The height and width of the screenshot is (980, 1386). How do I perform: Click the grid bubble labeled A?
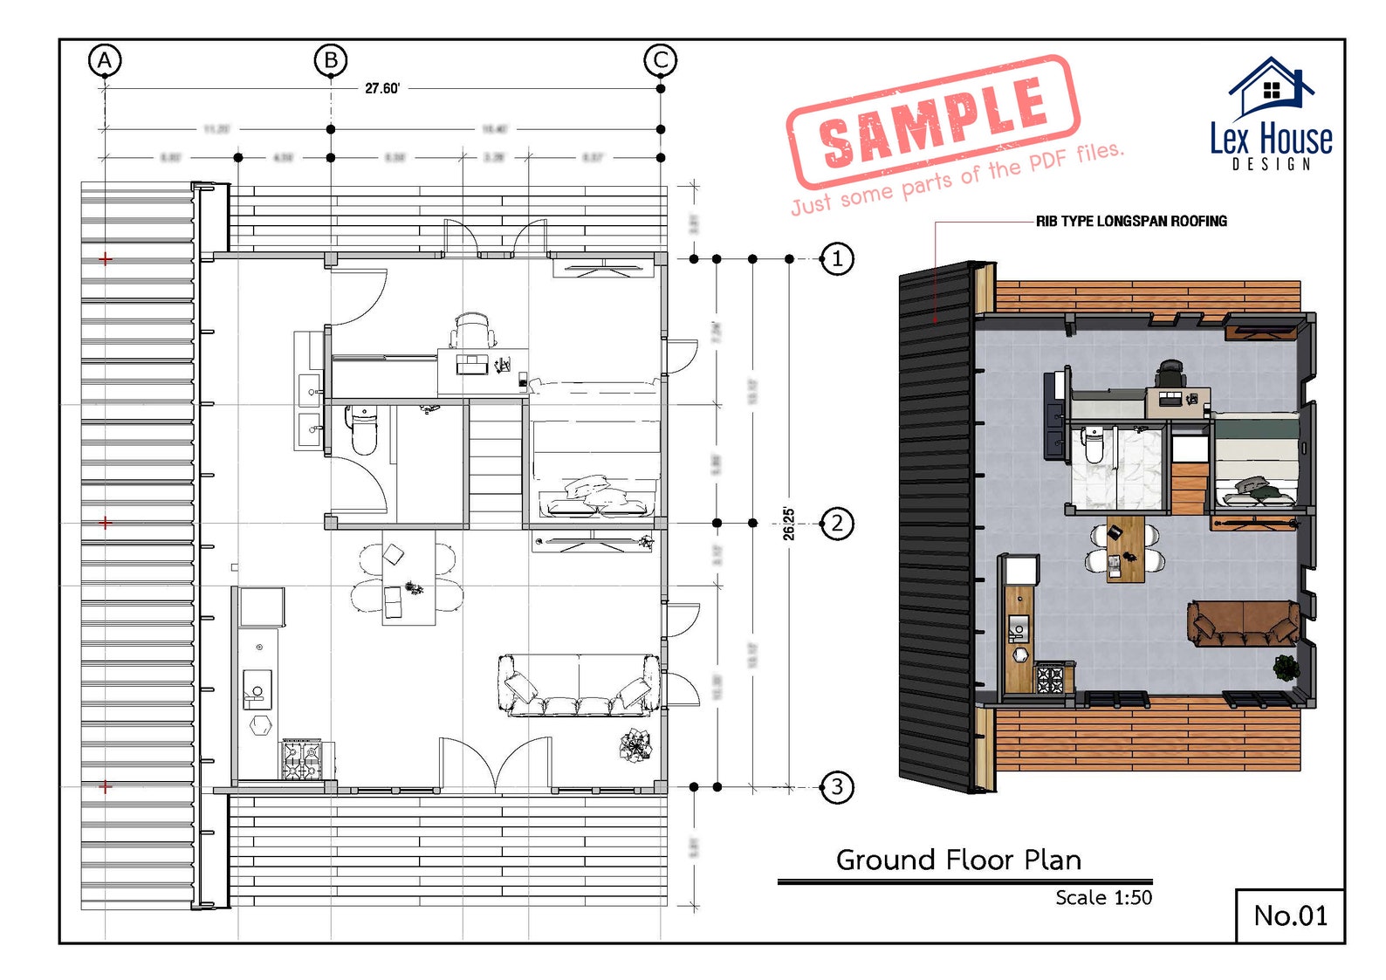[105, 60]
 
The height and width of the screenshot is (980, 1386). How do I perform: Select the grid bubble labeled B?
[331, 60]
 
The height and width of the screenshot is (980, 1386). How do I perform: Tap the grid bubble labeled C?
[660, 60]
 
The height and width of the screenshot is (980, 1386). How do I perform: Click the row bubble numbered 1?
[837, 258]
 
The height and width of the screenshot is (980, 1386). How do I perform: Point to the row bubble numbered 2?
[837, 523]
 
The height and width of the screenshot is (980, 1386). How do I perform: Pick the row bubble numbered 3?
[837, 786]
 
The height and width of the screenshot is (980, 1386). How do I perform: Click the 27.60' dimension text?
[382, 88]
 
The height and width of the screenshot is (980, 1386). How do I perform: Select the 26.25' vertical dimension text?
[788, 524]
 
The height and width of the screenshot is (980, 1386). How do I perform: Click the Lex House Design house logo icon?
[1271, 87]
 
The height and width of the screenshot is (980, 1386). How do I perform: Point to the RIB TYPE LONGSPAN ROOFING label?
[1131, 222]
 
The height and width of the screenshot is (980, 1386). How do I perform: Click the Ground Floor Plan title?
[958, 860]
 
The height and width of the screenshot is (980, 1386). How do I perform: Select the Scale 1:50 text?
[1103, 897]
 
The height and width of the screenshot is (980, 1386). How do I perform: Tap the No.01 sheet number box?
[1290, 915]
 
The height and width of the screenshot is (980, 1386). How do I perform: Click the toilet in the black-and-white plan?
[363, 431]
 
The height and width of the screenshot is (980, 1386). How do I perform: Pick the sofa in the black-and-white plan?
[579, 686]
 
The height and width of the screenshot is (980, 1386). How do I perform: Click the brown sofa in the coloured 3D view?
[1243, 622]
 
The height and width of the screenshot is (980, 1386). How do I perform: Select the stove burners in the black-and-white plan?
[301, 759]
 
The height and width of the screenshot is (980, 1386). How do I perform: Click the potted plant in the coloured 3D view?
[1286, 667]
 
